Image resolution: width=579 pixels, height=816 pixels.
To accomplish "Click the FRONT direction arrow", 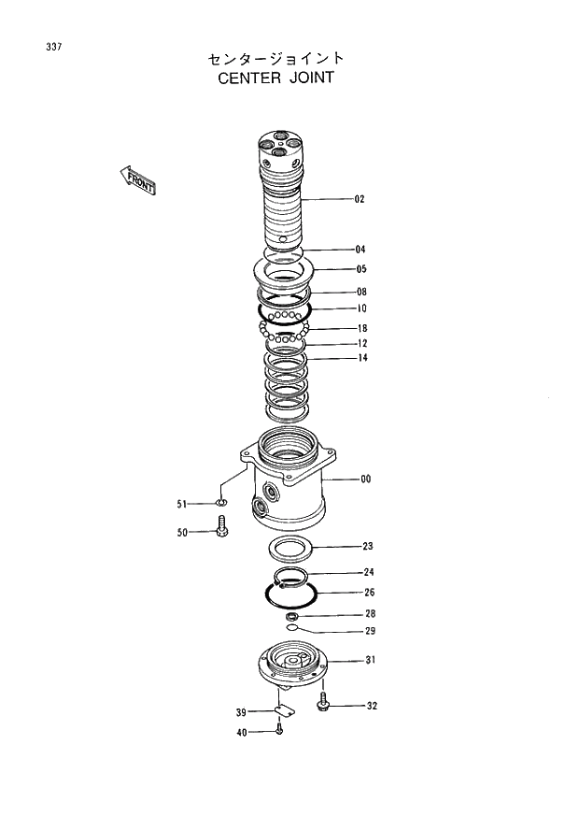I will [x=137, y=180].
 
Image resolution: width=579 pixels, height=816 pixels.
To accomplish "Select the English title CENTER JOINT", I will [x=275, y=79].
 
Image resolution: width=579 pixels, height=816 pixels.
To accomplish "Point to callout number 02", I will [x=360, y=199].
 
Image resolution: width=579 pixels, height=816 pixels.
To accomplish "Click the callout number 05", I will [x=360, y=269].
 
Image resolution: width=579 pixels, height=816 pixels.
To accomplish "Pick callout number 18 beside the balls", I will [x=361, y=328].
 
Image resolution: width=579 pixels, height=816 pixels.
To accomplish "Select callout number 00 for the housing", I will [x=365, y=480].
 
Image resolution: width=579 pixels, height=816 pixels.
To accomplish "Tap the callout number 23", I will [x=368, y=546].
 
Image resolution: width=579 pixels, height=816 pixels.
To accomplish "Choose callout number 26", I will [x=369, y=593].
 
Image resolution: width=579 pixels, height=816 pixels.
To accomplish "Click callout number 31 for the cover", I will [x=370, y=661].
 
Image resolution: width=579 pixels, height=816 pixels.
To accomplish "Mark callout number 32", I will [x=372, y=706].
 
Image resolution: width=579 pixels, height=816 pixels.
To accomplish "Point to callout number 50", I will [x=183, y=533].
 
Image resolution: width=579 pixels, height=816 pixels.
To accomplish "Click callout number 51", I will [x=183, y=505].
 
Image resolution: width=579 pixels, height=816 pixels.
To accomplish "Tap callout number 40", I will [x=242, y=733].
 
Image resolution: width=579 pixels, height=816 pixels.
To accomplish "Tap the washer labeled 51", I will [x=221, y=505].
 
